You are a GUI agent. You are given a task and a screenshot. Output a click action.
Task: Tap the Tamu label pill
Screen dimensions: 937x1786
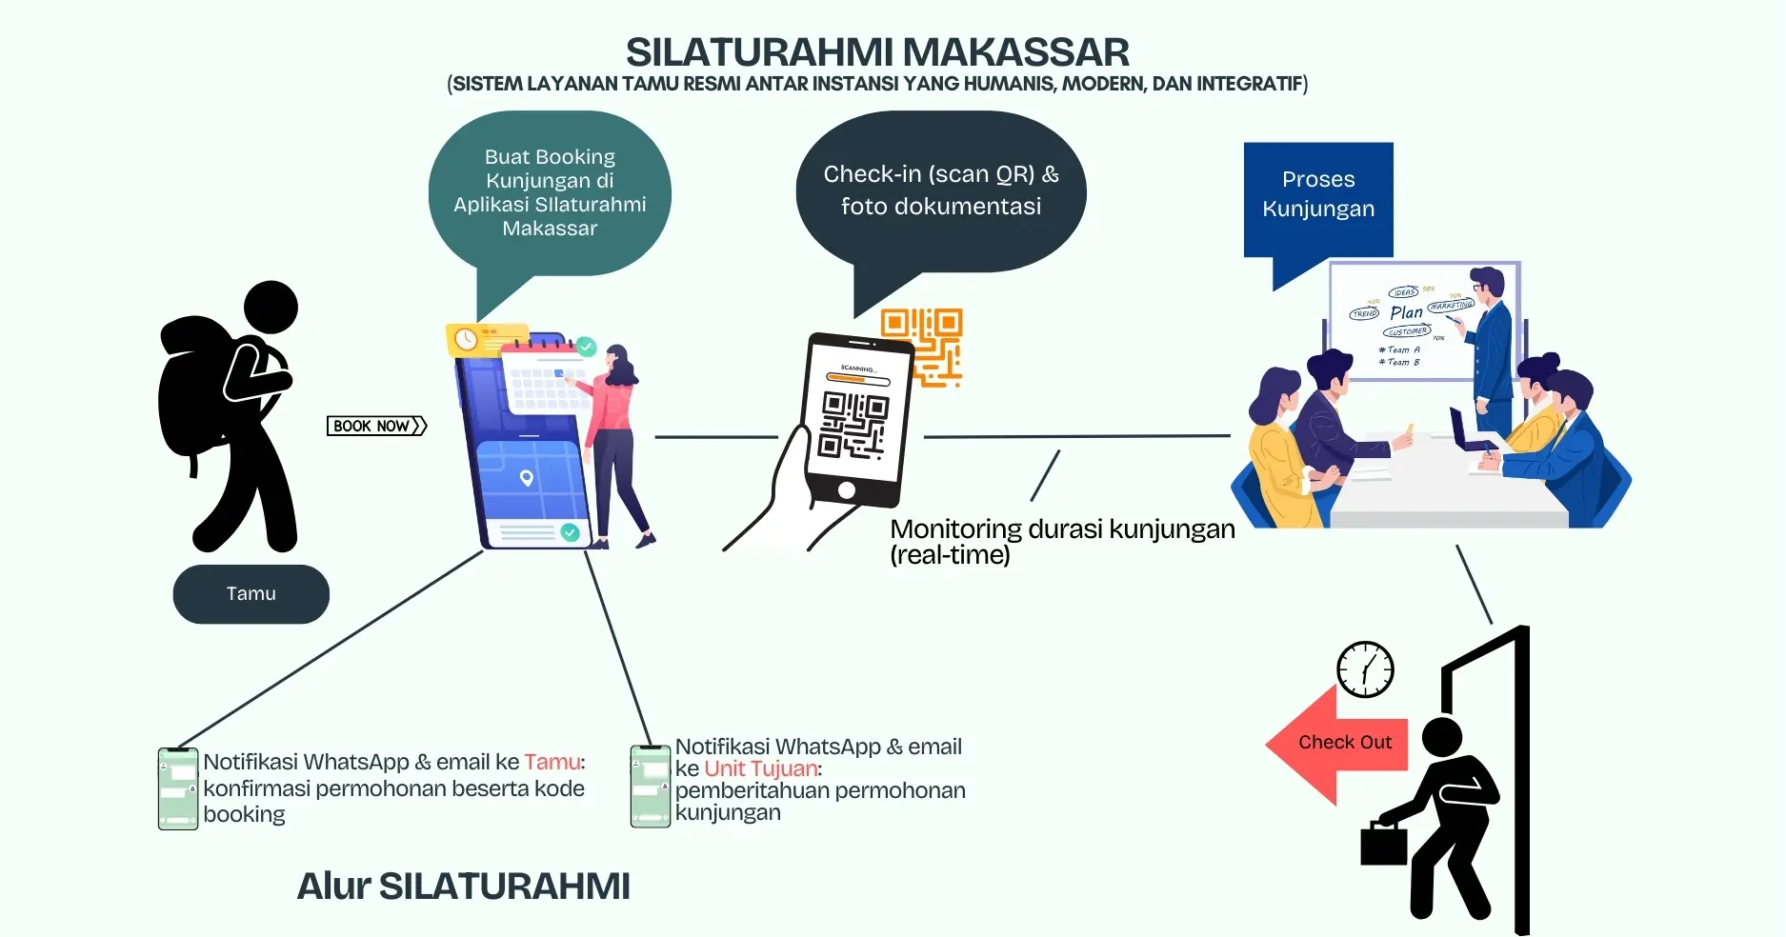coord(251,594)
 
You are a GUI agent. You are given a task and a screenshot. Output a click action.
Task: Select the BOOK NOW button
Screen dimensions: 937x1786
coord(376,426)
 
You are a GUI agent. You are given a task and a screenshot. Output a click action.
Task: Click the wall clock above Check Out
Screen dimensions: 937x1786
coord(1365,669)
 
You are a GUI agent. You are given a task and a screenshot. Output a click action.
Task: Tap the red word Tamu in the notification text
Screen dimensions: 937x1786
coord(552,762)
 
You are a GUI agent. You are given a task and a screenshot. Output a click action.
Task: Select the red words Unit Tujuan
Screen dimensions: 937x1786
coord(760,768)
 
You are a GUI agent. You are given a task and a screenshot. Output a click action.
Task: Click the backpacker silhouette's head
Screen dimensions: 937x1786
coord(271,307)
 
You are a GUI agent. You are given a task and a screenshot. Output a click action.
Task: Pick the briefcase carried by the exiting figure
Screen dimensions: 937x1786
coord(1383,844)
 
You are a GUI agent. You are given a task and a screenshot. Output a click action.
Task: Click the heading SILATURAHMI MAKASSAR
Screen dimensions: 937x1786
coord(877,51)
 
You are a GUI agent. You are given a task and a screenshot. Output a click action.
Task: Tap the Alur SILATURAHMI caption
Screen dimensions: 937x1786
coord(463,886)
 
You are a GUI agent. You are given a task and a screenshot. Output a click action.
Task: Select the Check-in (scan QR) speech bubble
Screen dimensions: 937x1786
coord(940,190)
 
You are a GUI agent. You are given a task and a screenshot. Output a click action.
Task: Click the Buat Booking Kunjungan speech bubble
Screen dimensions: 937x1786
coord(550,192)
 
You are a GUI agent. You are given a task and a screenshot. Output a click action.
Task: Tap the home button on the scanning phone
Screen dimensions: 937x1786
coord(846,490)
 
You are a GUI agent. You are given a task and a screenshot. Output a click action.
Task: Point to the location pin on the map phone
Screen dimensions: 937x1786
coord(526,477)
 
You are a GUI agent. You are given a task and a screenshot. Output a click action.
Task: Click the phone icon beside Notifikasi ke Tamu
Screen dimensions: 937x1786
coord(178,789)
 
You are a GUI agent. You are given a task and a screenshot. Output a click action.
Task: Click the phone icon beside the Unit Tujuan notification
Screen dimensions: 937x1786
coord(651,787)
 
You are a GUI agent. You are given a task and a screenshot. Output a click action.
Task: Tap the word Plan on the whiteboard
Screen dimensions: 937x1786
coord(1405,312)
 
